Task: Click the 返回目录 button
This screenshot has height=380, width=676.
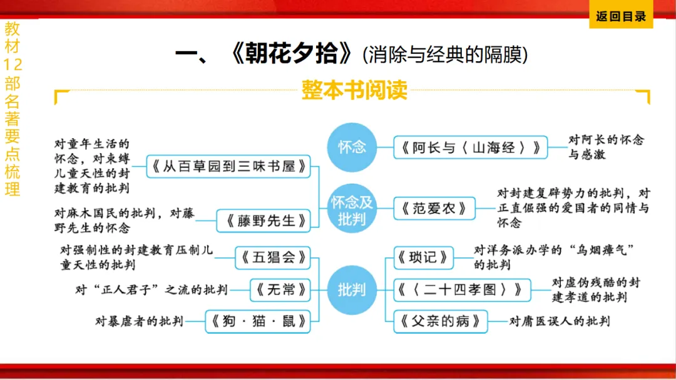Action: coord(620,17)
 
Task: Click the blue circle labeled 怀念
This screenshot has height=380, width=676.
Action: coord(352,147)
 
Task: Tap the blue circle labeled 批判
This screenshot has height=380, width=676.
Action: coord(352,289)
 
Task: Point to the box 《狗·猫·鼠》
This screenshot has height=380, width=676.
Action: coord(258,322)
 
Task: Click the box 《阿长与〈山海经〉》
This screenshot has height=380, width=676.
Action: coord(471,148)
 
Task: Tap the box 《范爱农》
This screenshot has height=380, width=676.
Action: coord(434,209)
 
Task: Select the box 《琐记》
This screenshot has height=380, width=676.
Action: coord(424,257)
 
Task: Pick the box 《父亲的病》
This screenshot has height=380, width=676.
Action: coord(441,322)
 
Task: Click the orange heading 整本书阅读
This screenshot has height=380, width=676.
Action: coord(354,90)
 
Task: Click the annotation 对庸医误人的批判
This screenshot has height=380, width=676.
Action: coord(559,322)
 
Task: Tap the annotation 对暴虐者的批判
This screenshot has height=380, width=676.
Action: coord(139,322)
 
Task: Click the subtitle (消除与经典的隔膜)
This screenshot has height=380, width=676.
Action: coord(445,55)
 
